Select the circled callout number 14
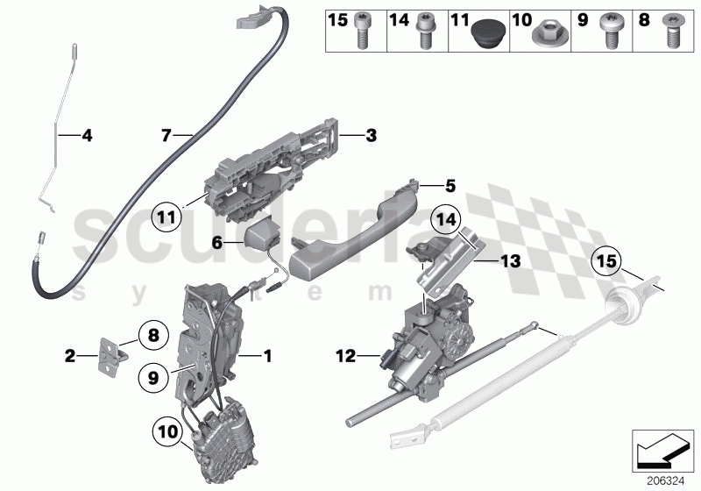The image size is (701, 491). tap(444, 219)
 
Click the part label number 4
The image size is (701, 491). tap(86, 135)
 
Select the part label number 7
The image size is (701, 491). tap(165, 135)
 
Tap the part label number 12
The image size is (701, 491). tap(344, 356)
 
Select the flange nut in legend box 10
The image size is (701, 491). tap(545, 38)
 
